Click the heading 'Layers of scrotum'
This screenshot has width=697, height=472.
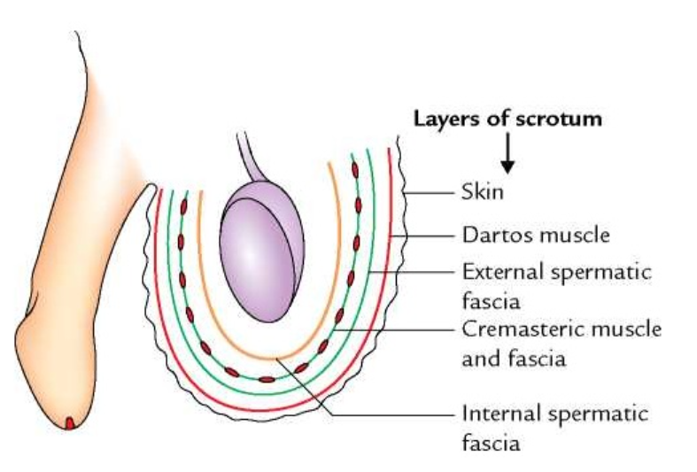click(x=507, y=119)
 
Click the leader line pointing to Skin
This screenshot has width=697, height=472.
click(x=430, y=191)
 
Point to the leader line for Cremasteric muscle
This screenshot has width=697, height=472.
click(x=399, y=330)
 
